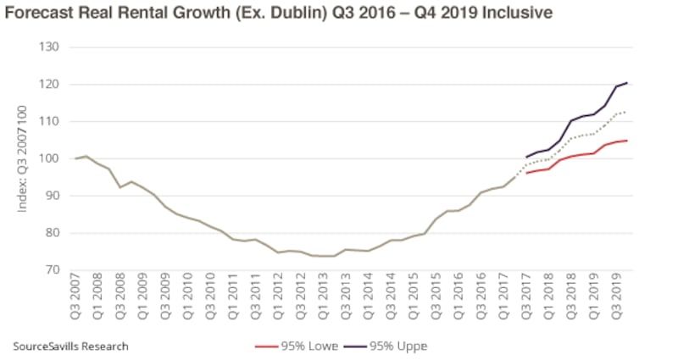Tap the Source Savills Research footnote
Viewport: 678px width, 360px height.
pos(71,346)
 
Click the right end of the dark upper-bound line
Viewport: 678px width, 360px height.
pos(625,83)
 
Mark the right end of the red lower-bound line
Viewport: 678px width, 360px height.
pos(625,141)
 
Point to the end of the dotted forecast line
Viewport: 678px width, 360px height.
pos(625,112)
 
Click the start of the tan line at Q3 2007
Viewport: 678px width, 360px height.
pos(75,158)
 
